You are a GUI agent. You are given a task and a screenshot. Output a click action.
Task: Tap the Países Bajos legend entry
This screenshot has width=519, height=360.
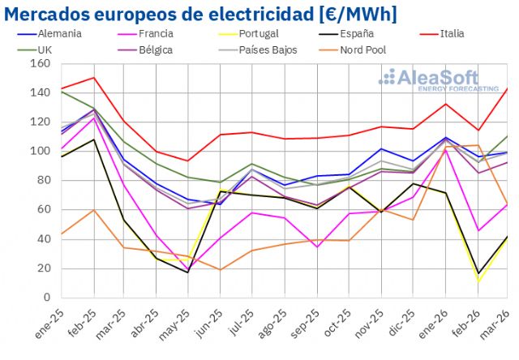tap(269, 49)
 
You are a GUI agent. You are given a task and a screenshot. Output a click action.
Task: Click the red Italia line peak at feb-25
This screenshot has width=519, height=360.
tap(94, 78)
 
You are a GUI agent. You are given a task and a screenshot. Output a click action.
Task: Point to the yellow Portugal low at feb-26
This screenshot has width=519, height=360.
tap(478, 281)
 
